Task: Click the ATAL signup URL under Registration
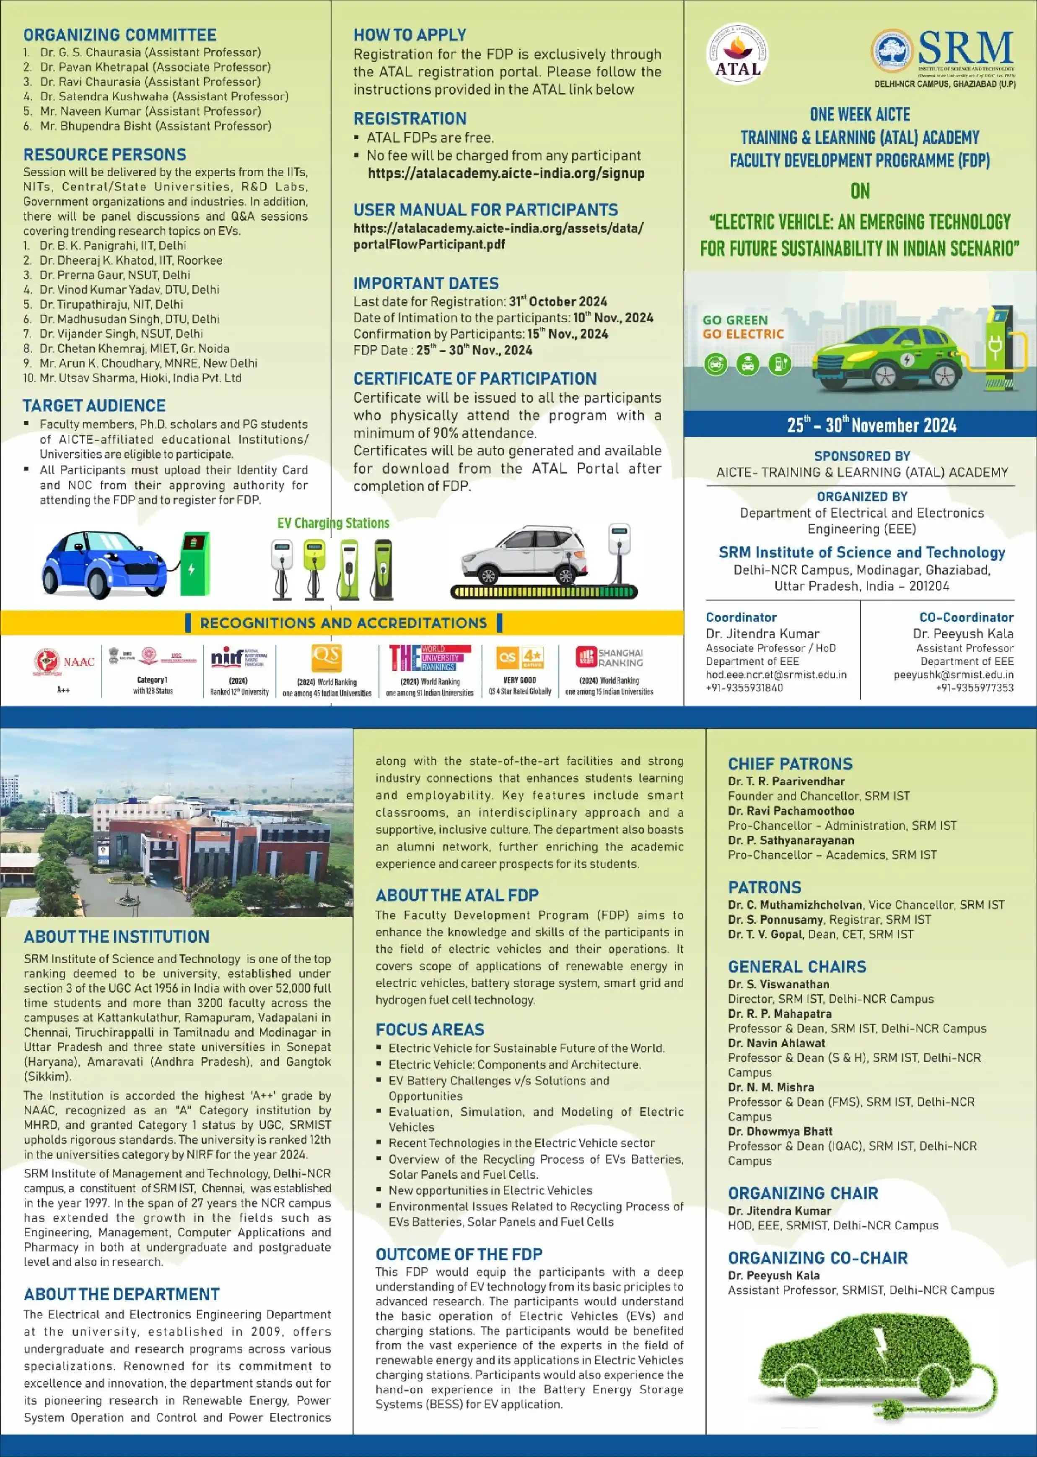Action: point(506,173)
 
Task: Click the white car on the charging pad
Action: point(524,555)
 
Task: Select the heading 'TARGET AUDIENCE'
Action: point(94,406)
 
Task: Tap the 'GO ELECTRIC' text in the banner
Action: point(743,334)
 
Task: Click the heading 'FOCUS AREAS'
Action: point(429,1030)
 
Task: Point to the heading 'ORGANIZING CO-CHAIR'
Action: point(817,1258)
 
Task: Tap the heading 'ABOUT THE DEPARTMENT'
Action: point(121,1294)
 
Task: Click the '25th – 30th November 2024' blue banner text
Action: point(871,425)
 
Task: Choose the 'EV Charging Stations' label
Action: point(333,524)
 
